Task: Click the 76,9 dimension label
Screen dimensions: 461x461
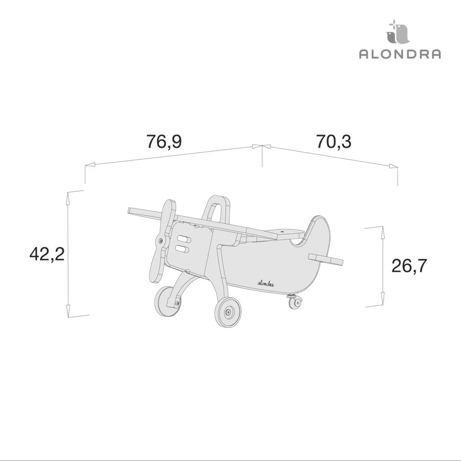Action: [164, 142]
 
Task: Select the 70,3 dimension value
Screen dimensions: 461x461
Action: [334, 141]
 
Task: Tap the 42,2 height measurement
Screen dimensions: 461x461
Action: [47, 254]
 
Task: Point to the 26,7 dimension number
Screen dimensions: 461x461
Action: [409, 266]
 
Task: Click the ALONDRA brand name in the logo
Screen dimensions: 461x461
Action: [400, 54]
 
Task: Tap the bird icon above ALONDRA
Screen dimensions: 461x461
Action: [397, 32]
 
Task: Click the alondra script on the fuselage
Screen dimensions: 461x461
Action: [266, 284]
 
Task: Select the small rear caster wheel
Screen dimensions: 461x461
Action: [295, 303]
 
